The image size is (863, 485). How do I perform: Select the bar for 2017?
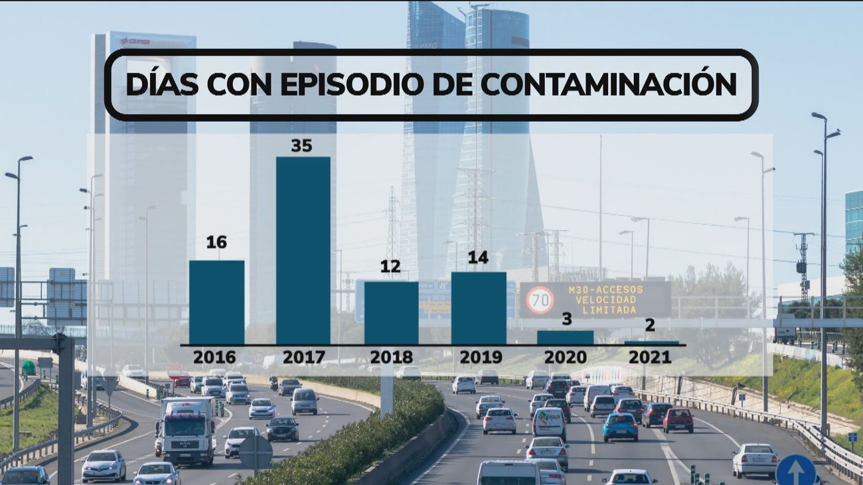point(303,250)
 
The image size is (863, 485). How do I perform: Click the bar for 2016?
point(216,302)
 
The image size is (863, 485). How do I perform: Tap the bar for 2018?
point(391,312)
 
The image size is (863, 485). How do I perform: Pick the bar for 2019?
point(478,308)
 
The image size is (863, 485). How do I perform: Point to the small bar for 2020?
point(565,338)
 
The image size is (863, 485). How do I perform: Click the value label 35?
point(301,145)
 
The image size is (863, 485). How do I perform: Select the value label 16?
point(216,242)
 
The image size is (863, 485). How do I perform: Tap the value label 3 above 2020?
point(566,319)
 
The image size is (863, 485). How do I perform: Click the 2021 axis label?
point(650,357)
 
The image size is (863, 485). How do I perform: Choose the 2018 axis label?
point(391,357)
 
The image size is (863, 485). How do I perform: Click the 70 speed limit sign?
point(540,300)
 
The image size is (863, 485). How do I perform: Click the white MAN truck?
point(187,431)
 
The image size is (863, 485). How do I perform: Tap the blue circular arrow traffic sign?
point(795,470)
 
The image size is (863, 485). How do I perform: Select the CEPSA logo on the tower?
point(135,41)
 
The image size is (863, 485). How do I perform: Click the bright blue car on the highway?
point(620,427)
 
